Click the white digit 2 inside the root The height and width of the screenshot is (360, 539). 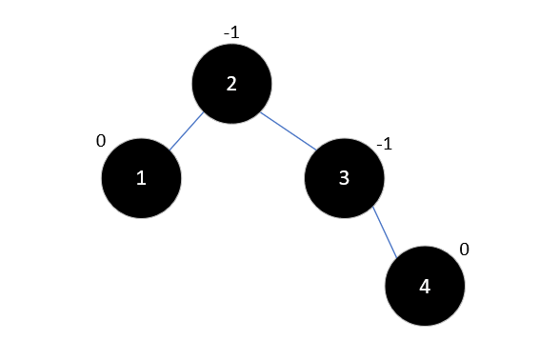pos(231,83)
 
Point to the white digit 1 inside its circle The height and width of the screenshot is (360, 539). pos(141,178)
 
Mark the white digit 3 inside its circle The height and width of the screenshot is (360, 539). pos(344,178)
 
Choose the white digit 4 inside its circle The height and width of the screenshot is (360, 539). pos(425,287)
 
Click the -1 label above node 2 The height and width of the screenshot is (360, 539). pos(230,32)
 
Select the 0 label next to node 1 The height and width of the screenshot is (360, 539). pos(101,142)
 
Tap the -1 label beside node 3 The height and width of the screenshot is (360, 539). pos(384,144)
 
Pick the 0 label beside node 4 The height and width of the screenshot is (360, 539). pos(464,250)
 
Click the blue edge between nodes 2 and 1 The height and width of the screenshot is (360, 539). pos(187,131)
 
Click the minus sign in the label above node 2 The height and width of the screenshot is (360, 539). pos(226,33)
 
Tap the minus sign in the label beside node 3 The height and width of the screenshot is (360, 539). pos(379,145)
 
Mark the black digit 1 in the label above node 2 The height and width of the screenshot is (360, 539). pos(234,32)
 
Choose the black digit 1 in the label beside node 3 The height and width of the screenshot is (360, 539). pos(388,144)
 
